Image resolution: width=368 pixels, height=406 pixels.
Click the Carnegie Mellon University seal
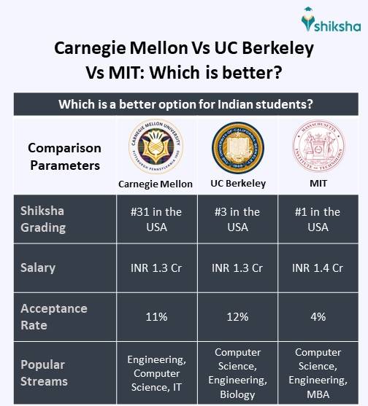(155, 148)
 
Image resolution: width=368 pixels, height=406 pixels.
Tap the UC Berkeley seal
(237, 148)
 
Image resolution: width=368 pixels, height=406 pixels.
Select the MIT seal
(318, 148)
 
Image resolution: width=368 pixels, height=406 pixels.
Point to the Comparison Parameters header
(64, 157)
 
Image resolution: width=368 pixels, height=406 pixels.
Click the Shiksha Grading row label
(43, 219)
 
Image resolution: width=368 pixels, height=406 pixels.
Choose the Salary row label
(38, 268)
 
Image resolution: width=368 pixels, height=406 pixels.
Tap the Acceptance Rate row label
(54, 316)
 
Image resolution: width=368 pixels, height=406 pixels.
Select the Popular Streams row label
(43, 372)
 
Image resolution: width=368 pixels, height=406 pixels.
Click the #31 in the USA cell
(155, 219)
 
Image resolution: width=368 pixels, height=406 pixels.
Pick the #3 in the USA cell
(237, 219)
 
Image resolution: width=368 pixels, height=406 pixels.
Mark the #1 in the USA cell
(318, 219)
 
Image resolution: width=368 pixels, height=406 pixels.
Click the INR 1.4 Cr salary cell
(318, 268)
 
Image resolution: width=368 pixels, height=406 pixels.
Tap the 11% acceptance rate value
(155, 317)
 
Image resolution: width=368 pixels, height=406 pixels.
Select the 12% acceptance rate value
(237, 317)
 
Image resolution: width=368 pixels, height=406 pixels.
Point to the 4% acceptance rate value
(318, 317)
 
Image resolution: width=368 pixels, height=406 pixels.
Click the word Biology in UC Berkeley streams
(237, 394)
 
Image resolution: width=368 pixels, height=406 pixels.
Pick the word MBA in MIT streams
(318, 394)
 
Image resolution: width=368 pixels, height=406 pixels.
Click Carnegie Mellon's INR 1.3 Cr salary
(155, 268)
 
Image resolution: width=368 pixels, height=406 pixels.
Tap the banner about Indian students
(184, 104)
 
